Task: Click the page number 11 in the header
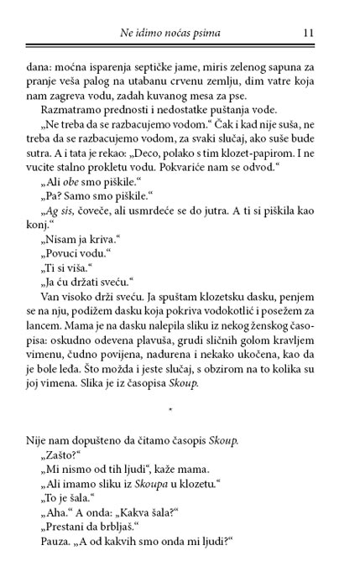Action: coord(308,33)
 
